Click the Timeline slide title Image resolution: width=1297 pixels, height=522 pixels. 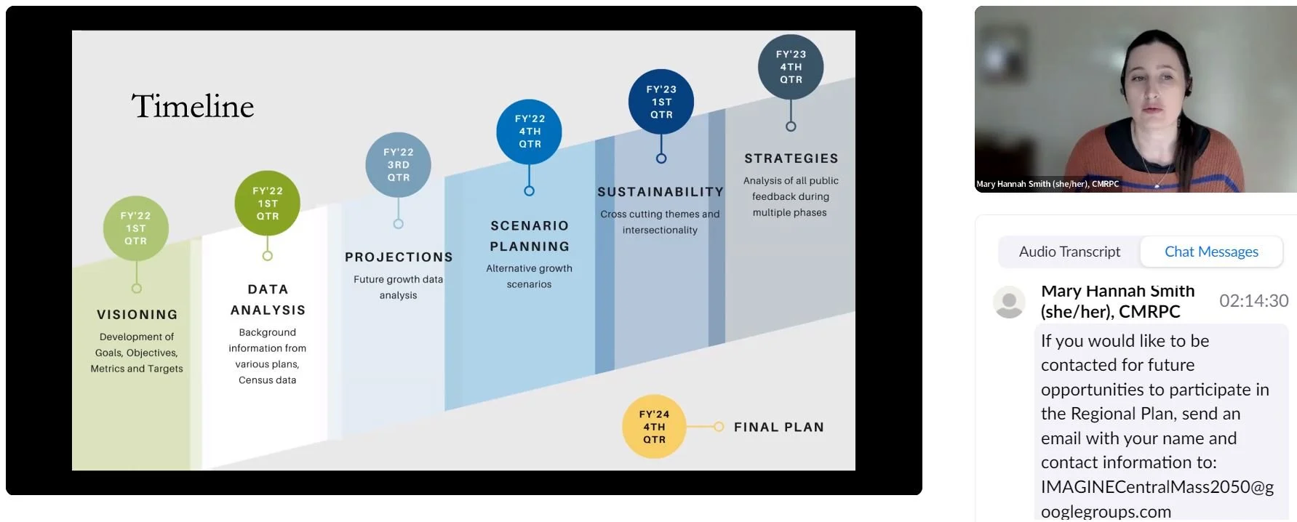tap(193, 106)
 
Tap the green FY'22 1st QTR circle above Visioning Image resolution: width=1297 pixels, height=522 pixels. tap(136, 228)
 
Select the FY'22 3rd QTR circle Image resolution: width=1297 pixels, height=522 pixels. tap(398, 165)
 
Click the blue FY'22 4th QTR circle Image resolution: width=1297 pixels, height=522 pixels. tap(530, 132)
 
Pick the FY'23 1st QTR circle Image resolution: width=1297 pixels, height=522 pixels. tap(661, 102)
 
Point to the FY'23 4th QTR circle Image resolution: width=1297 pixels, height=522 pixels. tap(791, 67)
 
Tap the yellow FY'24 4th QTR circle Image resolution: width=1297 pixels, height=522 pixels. tap(654, 427)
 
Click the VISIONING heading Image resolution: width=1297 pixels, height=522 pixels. tap(137, 315)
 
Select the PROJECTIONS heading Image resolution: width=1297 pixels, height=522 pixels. tap(399, 257)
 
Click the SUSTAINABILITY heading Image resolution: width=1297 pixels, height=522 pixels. tap(661, 192)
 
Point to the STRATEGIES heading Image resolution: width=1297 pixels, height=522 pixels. tap(791, 158)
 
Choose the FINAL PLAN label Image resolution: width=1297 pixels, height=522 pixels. tap(778, 427)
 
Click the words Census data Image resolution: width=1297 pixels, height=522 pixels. tap(267, 380)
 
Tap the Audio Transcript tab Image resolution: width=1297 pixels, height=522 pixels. tap(1069, 252)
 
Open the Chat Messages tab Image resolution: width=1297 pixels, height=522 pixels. tap(1211, 252)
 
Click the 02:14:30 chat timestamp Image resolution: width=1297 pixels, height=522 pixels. tap(1253, 301)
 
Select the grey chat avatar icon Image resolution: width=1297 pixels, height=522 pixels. tap(1009, 302)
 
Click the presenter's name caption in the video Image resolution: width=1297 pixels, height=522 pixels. tap(1047, 184)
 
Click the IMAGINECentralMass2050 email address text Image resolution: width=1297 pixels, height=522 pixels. tap(1157, 499)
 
